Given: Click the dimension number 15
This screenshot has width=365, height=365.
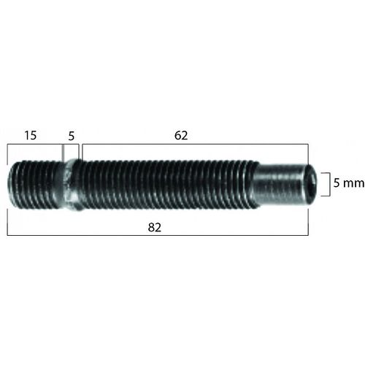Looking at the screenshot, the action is [x=31, y=135].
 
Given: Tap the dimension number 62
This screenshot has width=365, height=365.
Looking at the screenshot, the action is [x=181, y=136].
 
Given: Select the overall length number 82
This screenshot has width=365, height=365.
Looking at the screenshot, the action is [x=155, y=228].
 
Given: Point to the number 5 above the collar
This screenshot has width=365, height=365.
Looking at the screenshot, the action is [x=71, y=137].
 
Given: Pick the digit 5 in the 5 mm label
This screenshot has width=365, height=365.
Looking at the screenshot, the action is [x=337, y=182].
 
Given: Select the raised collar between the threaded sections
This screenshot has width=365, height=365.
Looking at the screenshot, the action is [x=71, y=185].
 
